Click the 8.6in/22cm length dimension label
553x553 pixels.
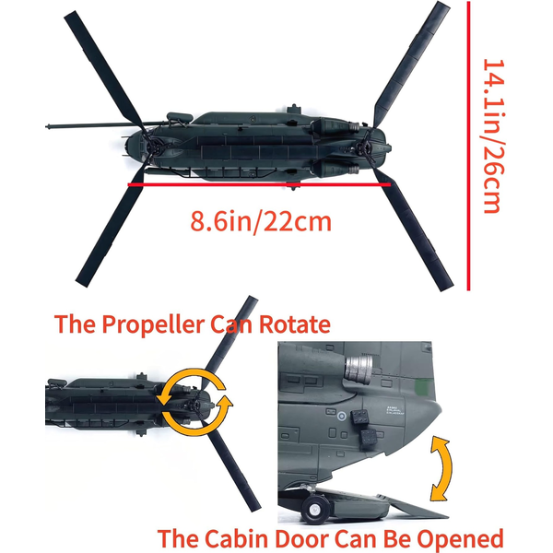coord(261,221)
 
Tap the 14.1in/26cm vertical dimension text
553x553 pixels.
coord(492,136)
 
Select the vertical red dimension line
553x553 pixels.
coord(468,146)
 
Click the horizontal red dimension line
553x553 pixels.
coord(259,184)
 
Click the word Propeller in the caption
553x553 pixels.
coord(153,324)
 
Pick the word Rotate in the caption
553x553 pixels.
coord(295,324)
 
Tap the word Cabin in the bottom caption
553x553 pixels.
coord(236,538)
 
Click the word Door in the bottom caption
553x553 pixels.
coord(302,538)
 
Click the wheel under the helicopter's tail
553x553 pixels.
coord(315,509)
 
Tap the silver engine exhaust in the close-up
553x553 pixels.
coord(359,370)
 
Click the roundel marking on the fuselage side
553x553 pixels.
coord(341,417)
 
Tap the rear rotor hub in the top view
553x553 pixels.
coord(365,147)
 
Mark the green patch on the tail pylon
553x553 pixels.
coord(422,387)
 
